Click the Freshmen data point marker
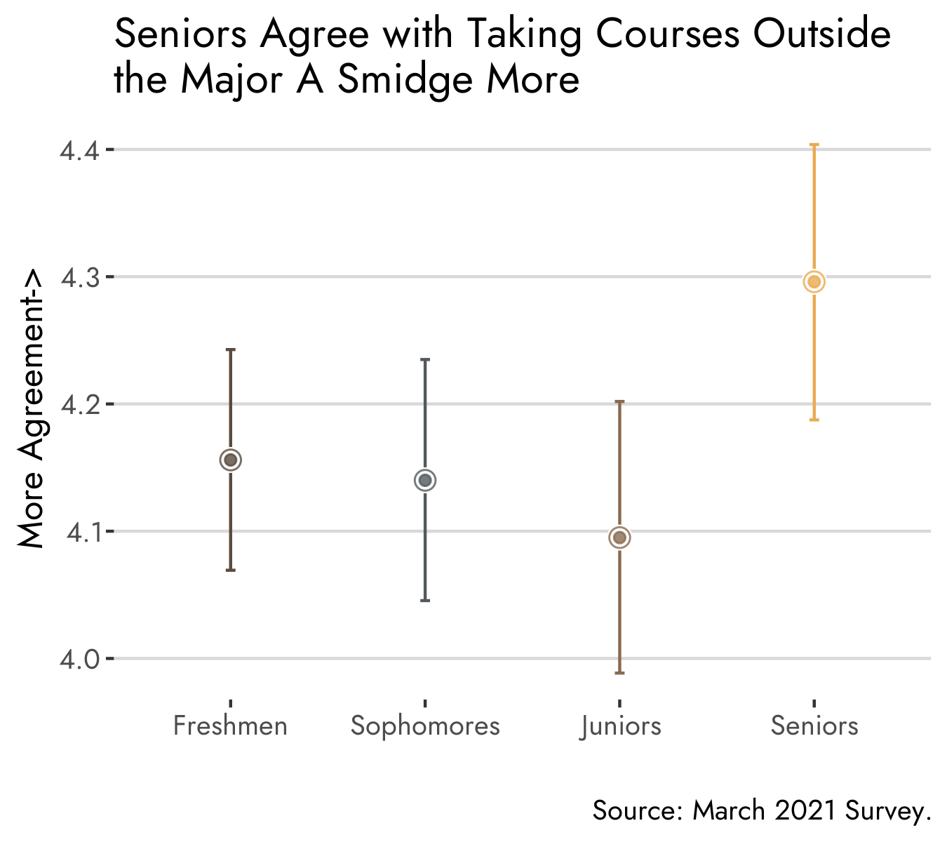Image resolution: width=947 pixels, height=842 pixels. tap(231, 460)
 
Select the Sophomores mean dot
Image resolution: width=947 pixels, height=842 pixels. tap(425, 481)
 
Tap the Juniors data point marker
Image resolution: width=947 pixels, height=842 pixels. tap(619, 537)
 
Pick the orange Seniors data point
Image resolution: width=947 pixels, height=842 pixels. tap(814, 282)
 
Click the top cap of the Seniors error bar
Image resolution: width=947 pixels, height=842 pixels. tap(814, 145)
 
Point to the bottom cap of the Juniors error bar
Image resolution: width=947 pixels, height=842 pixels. tap(619, 673)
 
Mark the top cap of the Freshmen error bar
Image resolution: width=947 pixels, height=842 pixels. tap(231, 349)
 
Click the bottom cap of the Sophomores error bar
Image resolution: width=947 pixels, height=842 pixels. tap(425, 601)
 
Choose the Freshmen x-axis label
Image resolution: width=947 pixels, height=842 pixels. tap(230, 726)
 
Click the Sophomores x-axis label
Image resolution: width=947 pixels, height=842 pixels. tap(425, 726)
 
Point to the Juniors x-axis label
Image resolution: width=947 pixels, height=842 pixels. tap(621, 726)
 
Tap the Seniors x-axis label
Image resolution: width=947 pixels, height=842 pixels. tap(814, 726)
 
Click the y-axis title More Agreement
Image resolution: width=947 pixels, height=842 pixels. tap(31, 410)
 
